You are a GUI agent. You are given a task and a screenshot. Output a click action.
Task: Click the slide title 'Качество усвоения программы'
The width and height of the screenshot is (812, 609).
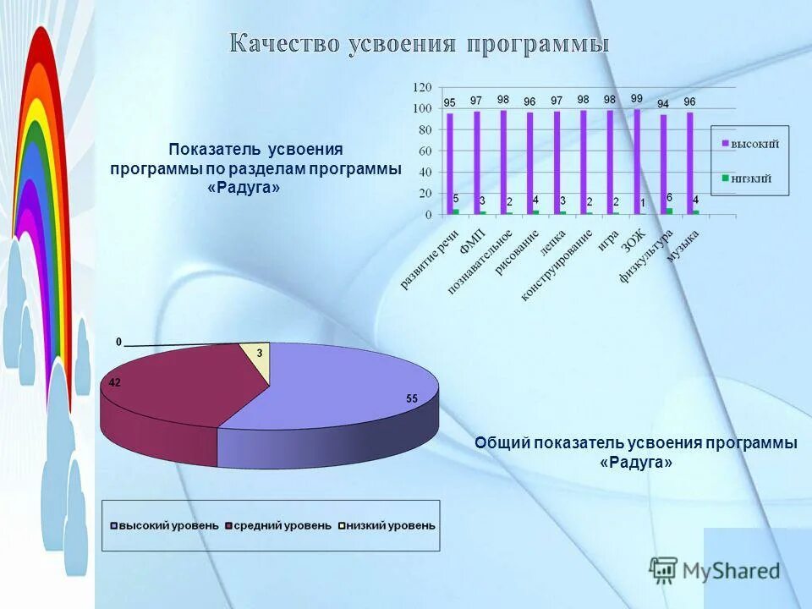click(420, 44)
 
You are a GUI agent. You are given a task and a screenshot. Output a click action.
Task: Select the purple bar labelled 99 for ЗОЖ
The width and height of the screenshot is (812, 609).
click(637, 161)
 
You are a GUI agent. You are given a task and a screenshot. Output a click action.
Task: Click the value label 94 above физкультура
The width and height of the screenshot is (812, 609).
click(663, 103)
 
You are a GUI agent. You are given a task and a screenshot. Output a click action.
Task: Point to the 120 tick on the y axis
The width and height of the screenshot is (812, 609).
click(422, 87)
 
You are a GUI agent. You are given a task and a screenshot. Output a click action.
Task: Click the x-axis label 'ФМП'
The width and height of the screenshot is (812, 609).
click(472, 243)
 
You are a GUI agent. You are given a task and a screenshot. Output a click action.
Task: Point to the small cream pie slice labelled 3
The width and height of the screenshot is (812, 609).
click(257, 356)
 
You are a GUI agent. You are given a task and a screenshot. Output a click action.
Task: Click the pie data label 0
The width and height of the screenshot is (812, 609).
click(119, 342)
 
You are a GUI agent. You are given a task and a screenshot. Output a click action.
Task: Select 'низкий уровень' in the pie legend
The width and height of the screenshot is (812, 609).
click(387, 525)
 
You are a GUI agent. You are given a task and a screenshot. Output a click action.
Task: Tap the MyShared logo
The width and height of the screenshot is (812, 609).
click(716, 570)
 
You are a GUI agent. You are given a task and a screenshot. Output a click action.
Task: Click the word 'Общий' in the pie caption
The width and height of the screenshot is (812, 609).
click(502, 443)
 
